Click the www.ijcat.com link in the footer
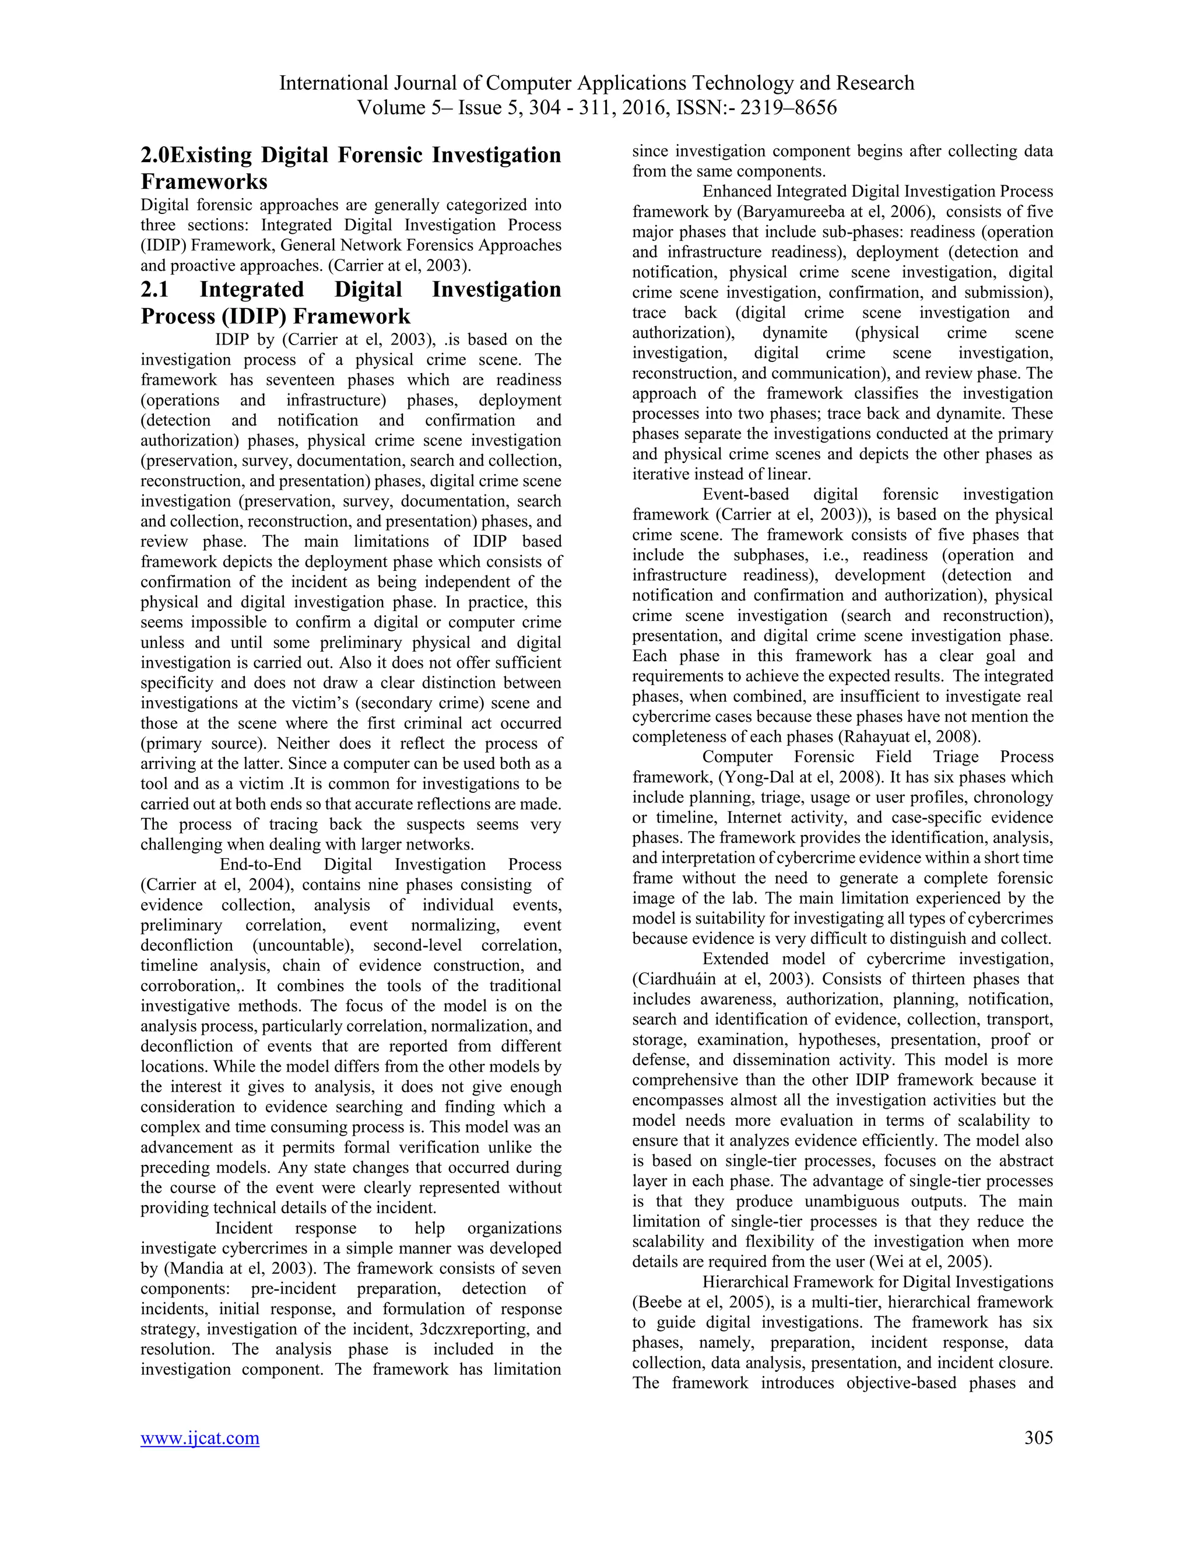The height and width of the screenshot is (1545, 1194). tap(199, 1438)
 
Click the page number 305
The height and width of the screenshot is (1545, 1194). tap(1038, 1438)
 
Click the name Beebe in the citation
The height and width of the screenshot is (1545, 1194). tap(662, 1302)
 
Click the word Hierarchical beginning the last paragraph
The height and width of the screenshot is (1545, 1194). tap(744, 1282)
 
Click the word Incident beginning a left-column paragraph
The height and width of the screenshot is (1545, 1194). tap(244, 1228)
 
